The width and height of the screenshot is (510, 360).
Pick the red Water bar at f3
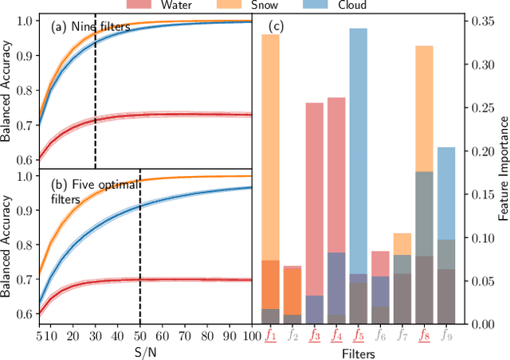pyautogui.click(x=315, y=199)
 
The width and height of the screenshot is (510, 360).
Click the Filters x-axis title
pyautogui.click(x=359, y=350)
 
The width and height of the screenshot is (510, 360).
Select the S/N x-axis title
pyautogui.click(x=145, y=350)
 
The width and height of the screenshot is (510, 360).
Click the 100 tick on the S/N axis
pyautogui.click(x=252, y=335)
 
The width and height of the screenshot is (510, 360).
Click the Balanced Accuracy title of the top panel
pyautogui.click(x=7, y=90)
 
